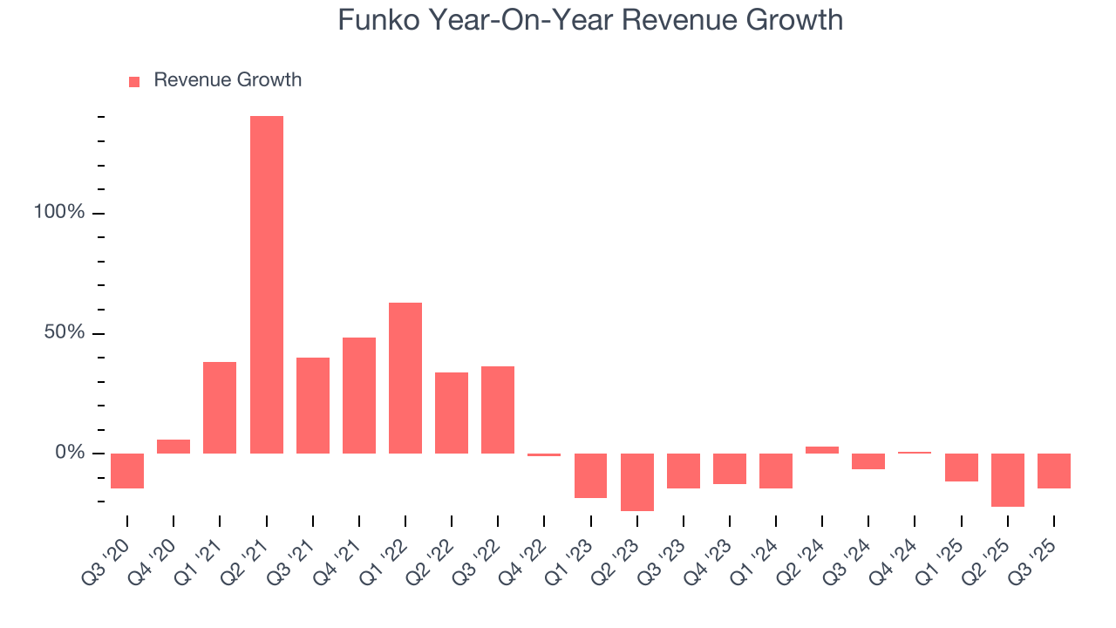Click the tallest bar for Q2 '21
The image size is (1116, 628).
click(266, 284)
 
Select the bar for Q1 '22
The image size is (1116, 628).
click(405, 378)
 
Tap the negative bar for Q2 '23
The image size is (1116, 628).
click(637, 481)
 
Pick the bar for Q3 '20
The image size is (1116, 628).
click(127, 470)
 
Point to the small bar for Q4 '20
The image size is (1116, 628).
click(174, 446)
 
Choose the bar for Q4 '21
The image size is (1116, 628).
click(359, 395)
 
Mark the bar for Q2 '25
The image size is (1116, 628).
click(1008, 480)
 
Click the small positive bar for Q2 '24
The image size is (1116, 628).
click(822, 450)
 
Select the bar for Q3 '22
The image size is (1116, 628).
click(498, 409)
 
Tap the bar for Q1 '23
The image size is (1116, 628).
click(590, 475)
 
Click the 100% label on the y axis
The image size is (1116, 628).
click(59, 213)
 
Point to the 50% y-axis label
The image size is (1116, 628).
click(65, 333)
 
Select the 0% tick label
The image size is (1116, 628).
click(70, 453)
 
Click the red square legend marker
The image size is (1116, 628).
click(134, 82)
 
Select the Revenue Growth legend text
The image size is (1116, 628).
click(228, 80)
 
